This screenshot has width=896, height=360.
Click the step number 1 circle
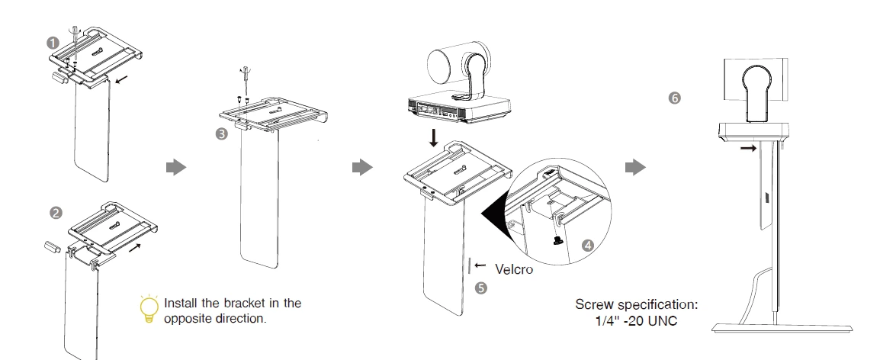point(53,43)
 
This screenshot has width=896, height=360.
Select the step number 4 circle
point(587,246)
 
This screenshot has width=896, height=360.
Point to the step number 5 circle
point(480,288)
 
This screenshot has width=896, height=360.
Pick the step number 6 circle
point(674,98)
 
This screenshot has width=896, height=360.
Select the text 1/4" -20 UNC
point(636,320)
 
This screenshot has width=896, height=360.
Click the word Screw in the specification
point(592,305)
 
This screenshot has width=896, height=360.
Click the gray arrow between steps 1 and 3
point(176,167)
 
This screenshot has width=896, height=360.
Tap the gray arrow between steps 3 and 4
point(361,167)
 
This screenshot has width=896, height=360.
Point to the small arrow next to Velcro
point(480,265)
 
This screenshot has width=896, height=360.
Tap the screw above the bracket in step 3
point(246,74)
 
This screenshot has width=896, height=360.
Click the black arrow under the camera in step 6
point(749,149)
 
